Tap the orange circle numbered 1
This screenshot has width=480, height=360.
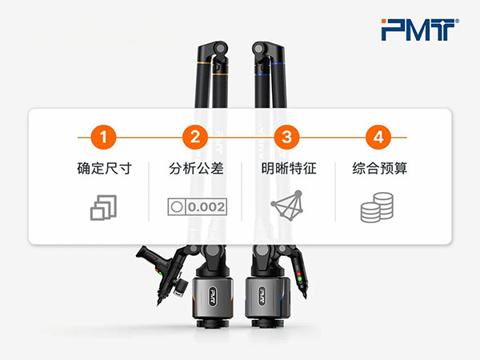point(103,137)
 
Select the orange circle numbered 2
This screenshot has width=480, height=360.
point(195,137)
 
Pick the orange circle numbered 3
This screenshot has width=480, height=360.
point(286,137)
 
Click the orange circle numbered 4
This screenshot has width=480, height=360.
point(378,137)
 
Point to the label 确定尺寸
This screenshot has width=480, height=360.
point(104,168)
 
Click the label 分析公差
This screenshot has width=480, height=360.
point(196,168)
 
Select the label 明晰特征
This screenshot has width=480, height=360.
point(289,168)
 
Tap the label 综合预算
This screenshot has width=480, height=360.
point(379,168)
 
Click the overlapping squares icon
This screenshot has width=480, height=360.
point(103,207)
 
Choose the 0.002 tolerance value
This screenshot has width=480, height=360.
point(206,207)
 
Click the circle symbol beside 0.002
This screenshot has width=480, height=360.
point(177,207)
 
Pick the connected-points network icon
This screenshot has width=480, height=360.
point(288,206)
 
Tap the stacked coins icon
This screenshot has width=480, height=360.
point(377,207)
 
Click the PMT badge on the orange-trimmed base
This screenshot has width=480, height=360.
point(213,296)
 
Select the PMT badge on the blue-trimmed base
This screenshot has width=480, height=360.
point(262,296)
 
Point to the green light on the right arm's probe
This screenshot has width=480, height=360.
point(299,278)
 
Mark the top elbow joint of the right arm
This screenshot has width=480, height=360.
point(259,48)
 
